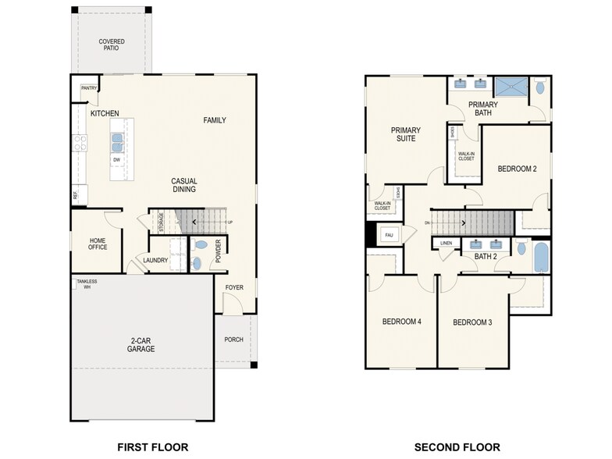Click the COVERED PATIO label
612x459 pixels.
[x=111, y=45]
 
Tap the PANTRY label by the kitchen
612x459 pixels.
[x=89, y=88]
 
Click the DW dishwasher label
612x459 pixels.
[x=116, y=160]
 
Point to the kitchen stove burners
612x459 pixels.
[x=80, y=142]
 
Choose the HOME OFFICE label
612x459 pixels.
[x=98, y=244]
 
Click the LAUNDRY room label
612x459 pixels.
[x=155, y=260]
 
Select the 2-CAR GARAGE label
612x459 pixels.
[x=141, y=344]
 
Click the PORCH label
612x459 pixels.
[x=233, y=340]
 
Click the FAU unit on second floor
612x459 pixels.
[x=388, y=233]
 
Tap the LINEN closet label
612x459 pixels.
[x=446, y=243]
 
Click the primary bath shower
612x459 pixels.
[x=511, y=86]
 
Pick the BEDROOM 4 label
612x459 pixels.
[x=401, y=322]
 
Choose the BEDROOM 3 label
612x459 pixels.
[x=472, y=322]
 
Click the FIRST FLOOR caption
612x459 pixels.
[x=153, y=447]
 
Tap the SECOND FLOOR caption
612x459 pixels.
[x=457, y=447]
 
